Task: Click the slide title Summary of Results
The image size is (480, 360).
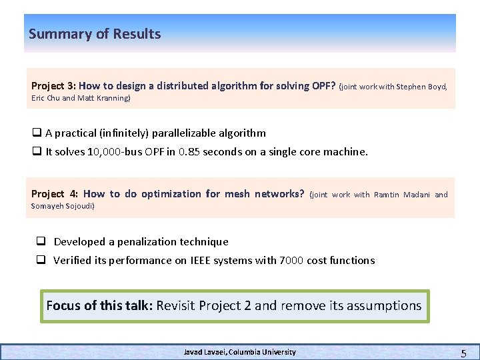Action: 95,34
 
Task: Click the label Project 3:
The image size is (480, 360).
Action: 53,86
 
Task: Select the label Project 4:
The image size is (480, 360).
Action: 54,194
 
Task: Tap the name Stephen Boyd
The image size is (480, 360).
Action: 422,87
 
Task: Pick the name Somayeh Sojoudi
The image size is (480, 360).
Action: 63,206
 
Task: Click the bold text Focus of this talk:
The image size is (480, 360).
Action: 99,305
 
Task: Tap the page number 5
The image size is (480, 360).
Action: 463,352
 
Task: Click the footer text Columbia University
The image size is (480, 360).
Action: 261,352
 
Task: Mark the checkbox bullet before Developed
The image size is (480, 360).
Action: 41,241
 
